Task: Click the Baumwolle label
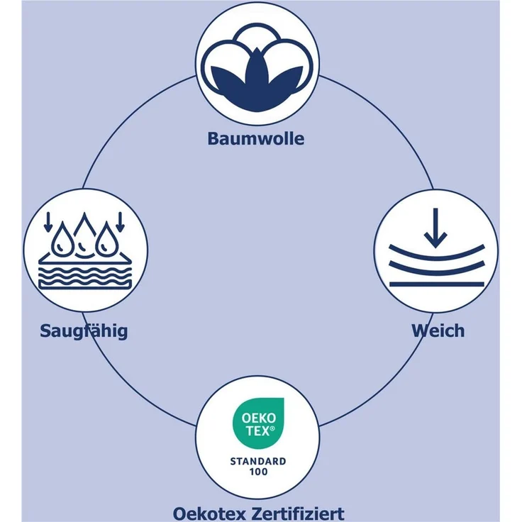click(255, 138)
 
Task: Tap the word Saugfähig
click(84, 331)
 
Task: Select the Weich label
click(438, 331)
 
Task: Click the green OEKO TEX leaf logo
click(258, 423)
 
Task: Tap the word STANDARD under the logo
click(258, 462)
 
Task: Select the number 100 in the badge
click(258, 472)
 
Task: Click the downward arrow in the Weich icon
click(435, 228)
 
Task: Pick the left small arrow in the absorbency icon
click(48, 222)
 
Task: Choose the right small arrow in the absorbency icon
click(120, 222)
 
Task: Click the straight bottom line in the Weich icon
click(436, 284)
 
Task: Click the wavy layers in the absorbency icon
click(85, 277)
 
